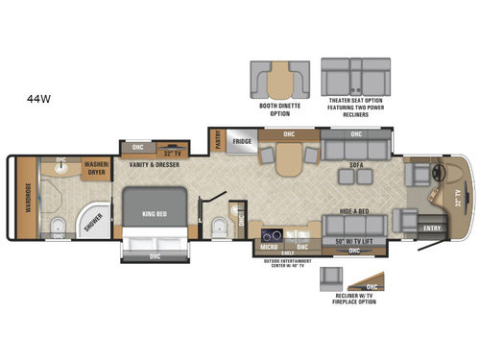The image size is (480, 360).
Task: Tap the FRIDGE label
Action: tap(242, 140)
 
